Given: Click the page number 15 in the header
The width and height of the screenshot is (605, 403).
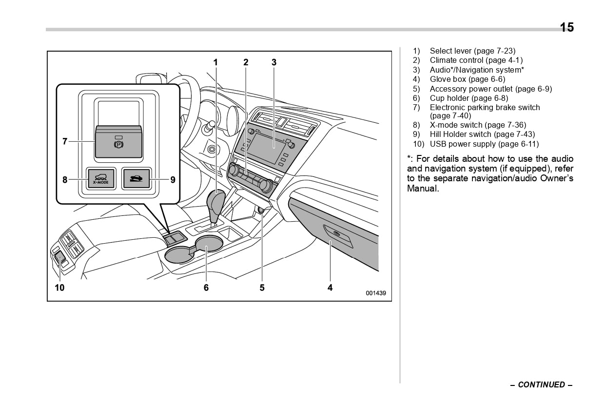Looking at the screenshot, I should [566, 27].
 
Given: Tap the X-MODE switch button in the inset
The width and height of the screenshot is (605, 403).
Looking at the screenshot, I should [101, 179].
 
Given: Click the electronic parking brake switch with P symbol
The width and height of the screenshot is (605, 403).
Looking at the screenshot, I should [118, 142].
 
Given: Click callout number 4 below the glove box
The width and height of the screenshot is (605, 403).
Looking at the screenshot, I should [330, 288].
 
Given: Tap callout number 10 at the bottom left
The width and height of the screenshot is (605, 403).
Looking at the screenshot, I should [59, 288].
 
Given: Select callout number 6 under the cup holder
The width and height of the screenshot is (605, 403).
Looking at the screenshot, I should [206, 288].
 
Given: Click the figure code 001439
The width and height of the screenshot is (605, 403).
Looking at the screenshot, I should [376, 293].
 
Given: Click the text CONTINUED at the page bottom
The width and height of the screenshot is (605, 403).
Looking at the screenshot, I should [541, 384].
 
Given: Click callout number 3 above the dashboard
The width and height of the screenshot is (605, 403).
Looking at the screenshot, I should [274, 62].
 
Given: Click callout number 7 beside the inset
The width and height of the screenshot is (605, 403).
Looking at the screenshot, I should [65, 141].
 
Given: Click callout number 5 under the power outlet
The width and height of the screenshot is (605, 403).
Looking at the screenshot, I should [262, 288].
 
